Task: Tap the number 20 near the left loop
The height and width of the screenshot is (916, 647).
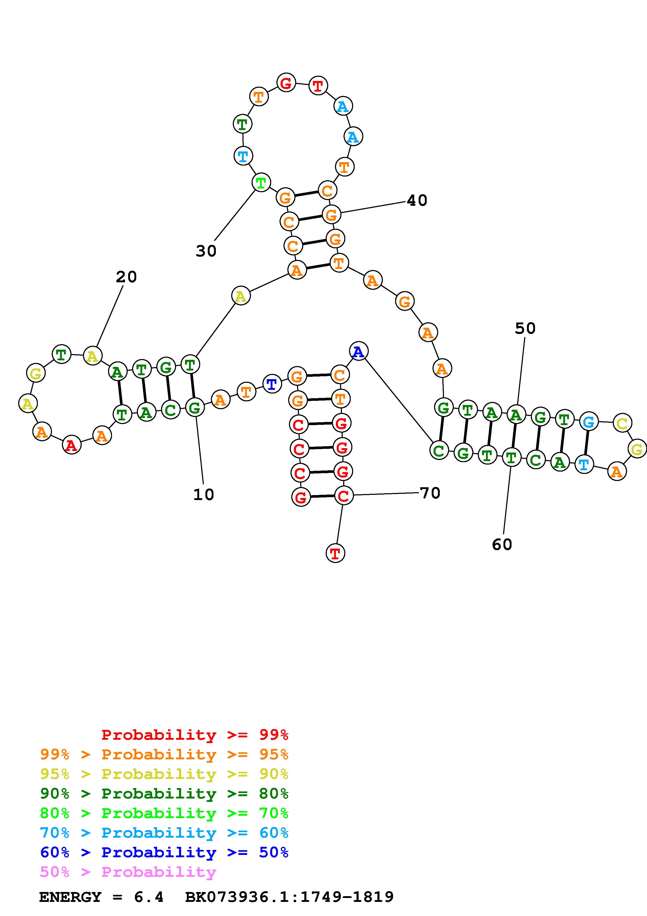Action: pos(126,277)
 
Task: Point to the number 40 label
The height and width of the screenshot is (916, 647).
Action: pos(417,200)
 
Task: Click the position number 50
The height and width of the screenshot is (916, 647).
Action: pos(525,328)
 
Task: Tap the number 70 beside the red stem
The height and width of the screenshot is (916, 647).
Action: pos(430,493)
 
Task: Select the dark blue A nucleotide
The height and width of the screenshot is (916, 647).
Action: pos(358,351)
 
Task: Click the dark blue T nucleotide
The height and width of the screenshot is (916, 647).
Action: pos(272,384)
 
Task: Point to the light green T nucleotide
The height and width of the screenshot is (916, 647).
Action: pos(261,183)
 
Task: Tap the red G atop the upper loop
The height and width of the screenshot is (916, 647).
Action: pos(286,83)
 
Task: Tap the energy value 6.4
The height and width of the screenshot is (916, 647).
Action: pos(149,897)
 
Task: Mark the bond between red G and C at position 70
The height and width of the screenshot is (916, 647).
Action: pos(322,496)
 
